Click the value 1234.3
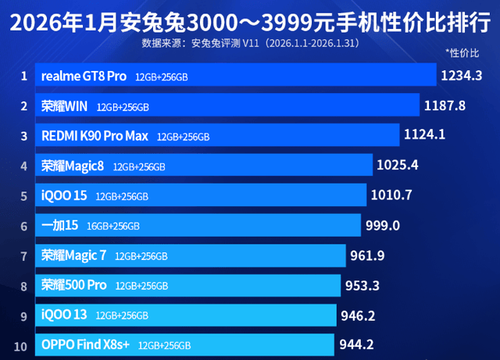click(462, 76)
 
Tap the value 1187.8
click(444, 105)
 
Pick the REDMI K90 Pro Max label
click(95, 136)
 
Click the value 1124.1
click(424, 134)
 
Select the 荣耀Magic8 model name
click(73, 166)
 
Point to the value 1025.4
click(398, 165)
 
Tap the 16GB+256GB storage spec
click(113, 226)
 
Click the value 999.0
click(383, 225)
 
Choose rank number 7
click(24, 255)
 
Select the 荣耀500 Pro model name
click(74, 285)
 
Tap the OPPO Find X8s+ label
click(85, 344)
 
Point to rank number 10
click(22, 344)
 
